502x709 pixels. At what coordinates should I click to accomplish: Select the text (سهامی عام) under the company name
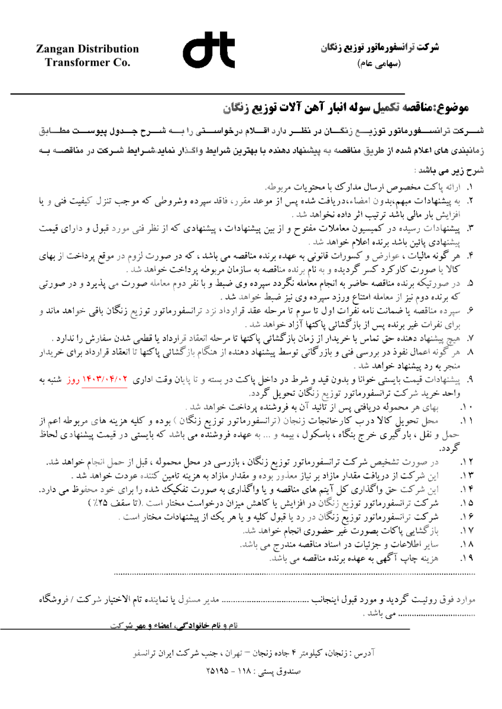click(379, 61)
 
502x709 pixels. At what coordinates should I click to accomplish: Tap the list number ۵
click(472, 285)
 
